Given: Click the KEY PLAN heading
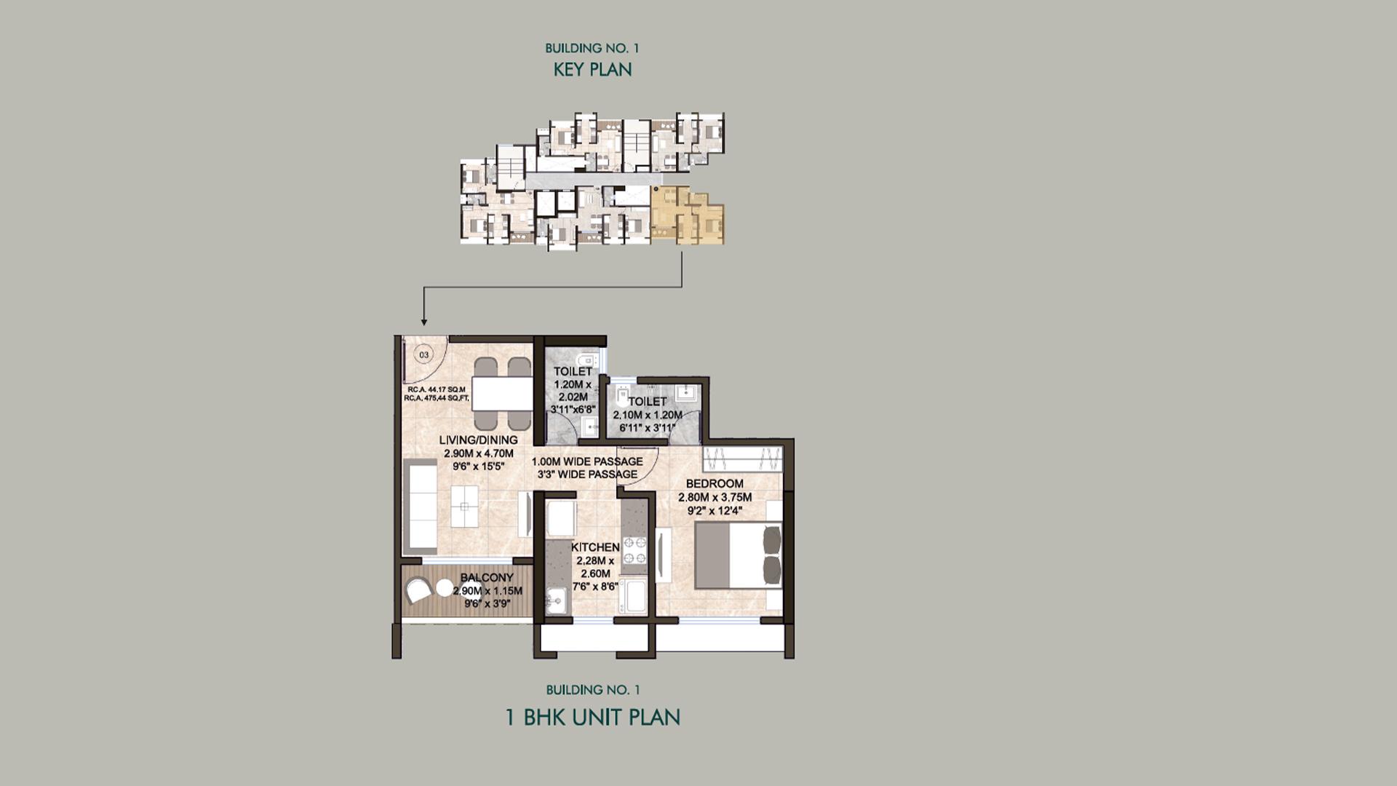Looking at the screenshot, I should [x=592, y=70].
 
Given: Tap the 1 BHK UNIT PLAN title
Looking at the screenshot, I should [x=592, y=717].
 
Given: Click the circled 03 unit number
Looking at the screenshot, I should [x=423, y=354].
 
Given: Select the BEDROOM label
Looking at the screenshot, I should [x=715, y=483].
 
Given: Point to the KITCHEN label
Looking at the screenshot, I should [x=595, y=547].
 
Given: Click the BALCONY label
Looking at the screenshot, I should [x=487, y=578].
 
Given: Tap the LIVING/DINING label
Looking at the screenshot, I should [x=478, y=440].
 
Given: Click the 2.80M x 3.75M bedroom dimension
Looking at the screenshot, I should [x=715, y=497].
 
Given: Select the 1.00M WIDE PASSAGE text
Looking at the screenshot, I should [x=586, y=461].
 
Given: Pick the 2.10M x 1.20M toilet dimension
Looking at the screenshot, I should [x=648, y=415].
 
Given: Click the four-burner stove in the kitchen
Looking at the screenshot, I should [x=634, y=550].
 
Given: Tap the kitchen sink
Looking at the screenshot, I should [x=557, y=601].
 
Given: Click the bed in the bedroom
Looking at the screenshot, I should [x=736, y=556].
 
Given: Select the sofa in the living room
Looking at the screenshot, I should [x=420, y=507].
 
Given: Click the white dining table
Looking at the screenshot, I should [x=501, y=394].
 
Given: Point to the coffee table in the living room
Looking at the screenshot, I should [x=464, y=505].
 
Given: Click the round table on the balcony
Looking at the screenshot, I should [x=444, y=587].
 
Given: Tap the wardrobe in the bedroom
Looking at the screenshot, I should [x=742, y=459].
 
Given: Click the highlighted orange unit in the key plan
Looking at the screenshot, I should [x=686, y=214].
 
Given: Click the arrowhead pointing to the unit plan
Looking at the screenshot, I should [x=423, y=322].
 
